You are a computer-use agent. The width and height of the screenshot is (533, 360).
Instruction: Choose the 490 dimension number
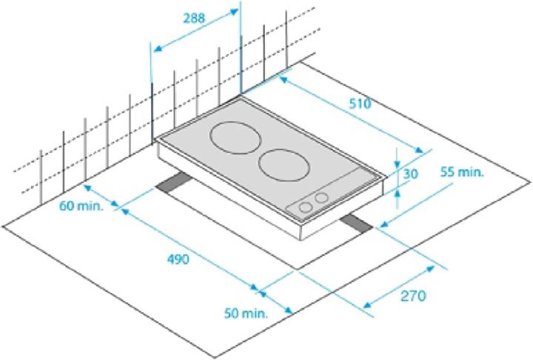click(178, 259)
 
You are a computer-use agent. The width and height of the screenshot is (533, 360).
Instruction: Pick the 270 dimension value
click(413, 296)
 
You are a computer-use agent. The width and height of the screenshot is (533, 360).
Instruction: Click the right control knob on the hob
click(321, 198)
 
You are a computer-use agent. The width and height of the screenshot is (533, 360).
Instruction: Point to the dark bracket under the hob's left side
click(172, 185)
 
